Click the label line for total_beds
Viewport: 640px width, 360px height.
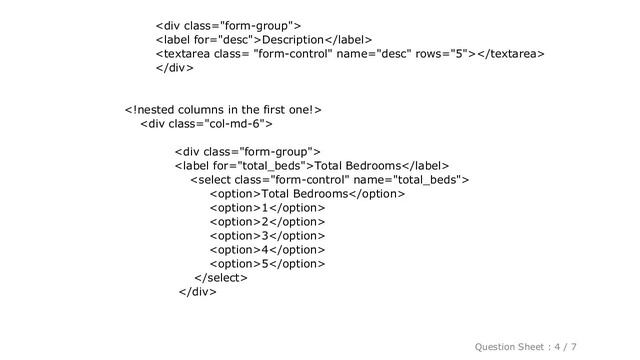point(311,165)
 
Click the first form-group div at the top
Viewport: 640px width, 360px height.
point(229,24)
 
